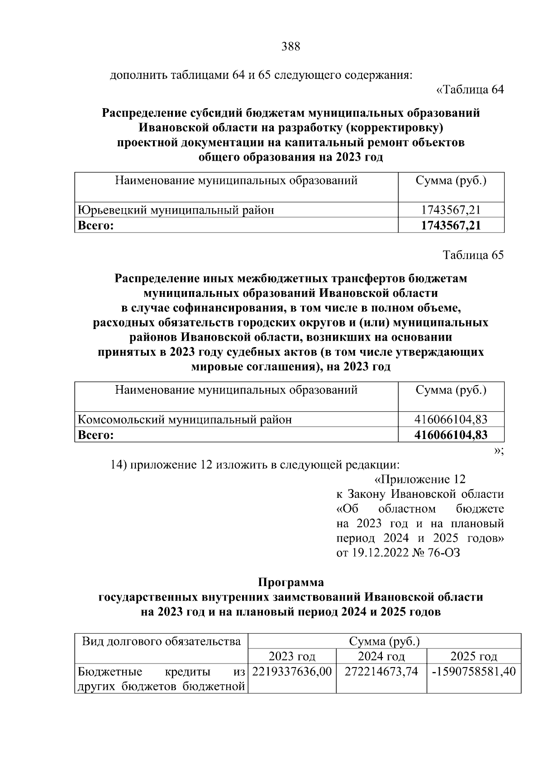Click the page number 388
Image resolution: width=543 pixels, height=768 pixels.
pyautogui.click(x=291, y=46)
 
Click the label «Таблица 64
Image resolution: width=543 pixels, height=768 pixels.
pyautogui.click(x=470, y=90)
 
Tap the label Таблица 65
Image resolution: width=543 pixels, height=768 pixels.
pyautogui.click(x=473, y=255)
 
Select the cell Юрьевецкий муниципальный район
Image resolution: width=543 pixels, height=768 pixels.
pyautogui.click(x=176, y=210)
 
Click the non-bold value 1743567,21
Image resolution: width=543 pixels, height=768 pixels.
pyautogui.click(x=451, y=210)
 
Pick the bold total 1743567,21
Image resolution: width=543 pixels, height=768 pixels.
pyautogui.click(x=451, y=225)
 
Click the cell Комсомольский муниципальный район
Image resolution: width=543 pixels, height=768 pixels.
pyautogui.click(x=185, y=420)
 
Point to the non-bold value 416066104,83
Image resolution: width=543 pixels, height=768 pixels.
pyautogui.click(x=451, y=420)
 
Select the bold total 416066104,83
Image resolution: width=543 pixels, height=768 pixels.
pyautogui.click(x=451, y=435)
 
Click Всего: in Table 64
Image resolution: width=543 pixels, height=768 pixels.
pyautogui.click(x=95, y=225)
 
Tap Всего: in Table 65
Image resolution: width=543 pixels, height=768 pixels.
pyautogui.click(x=95, y=435)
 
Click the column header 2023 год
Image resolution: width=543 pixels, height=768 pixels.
pyautogui.click(x=292, y=656)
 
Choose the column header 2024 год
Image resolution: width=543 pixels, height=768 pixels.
pyautogui.click(x=381, y=656)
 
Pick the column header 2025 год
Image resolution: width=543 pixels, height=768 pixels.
pyautogui.click(x=473, y=656)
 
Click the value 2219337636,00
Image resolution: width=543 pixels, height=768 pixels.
pyautogui.click(x=292, y=671)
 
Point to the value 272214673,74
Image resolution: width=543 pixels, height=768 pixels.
pyautogui.click(x=381, y=671)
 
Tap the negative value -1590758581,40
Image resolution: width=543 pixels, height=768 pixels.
pyautogui.click(x=473, y=671)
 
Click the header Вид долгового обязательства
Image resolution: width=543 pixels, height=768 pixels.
pyautogui.click(x=161, y=641)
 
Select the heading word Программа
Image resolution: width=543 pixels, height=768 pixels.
pyautogui.click(x=291, y=582)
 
